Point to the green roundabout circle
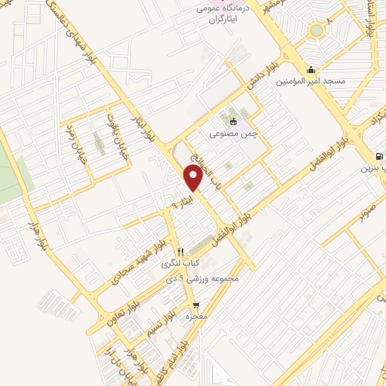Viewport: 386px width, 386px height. click(x=317, y=30)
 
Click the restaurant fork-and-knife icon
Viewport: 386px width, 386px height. click(x=179, y=252)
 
